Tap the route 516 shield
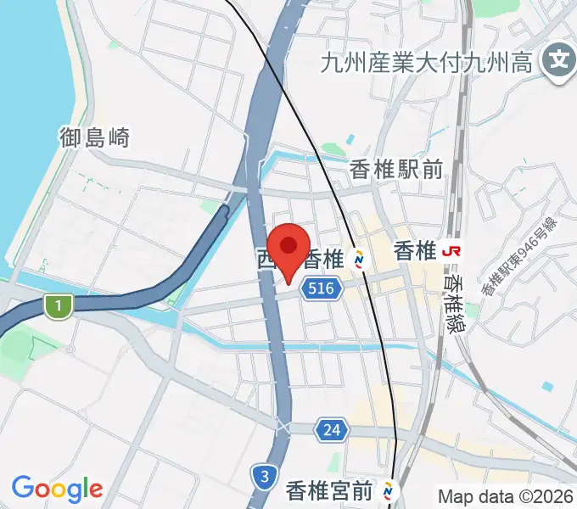321,289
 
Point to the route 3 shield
265,477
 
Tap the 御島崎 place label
94,137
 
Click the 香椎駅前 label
396,171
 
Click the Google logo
57,489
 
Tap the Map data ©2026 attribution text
505,495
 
